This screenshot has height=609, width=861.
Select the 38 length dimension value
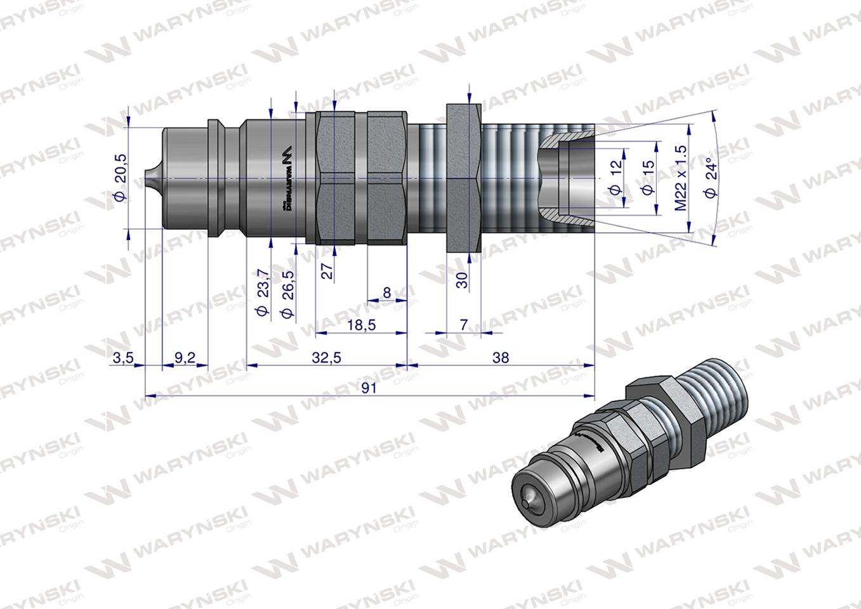[x=500, y=358]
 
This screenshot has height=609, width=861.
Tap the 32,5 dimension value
[x=327, y=358]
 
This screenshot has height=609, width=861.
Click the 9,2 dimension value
[x=185, y=358]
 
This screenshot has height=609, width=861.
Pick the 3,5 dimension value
[x=122, y=358]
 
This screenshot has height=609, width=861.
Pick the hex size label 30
[x=463, y=280]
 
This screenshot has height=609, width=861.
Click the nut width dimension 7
[x=463, y=325]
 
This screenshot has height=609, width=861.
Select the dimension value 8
[x=386, y=292]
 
